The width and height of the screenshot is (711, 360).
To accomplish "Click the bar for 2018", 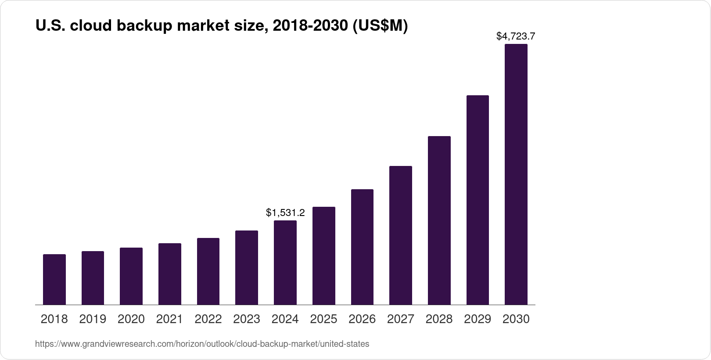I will [x=54, y=280].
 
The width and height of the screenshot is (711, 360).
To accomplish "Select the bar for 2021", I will [x=170, y=274].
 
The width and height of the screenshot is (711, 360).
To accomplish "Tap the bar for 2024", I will [x=285, y=263].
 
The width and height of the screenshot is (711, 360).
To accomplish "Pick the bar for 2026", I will [x=362, y=247].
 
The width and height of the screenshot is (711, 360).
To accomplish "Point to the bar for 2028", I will [x=439, y=220].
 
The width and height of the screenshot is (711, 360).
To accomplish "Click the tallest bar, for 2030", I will [x=516, y=174].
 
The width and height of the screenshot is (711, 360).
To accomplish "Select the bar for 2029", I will [x=478, y=200].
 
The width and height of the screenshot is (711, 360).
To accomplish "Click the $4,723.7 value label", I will [x=516, y=36].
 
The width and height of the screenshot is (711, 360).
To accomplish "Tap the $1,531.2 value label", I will [x=285, y=213].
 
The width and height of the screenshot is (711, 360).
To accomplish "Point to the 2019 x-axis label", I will [x=93, y=319].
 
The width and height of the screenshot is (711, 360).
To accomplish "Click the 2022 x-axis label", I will [x=208, y=319].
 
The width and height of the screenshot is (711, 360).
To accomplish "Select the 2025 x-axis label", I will [x=323, y=319].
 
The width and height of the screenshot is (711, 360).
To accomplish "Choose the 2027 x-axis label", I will [x=400, y=319].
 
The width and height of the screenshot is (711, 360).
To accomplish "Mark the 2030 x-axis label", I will [x=516, y=319].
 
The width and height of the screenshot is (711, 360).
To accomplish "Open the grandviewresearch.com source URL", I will [x=202, y=344].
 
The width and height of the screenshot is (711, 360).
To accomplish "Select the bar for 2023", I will [x=247, y=267].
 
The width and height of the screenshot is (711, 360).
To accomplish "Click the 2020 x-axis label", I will [x=131, y=319].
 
